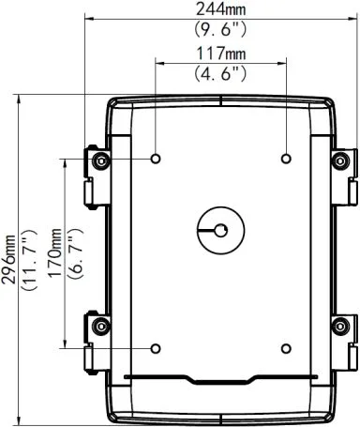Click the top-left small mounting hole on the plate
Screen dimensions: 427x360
156,158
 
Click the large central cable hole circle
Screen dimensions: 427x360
220,229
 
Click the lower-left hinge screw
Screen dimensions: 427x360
100,326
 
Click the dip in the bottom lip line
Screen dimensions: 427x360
220,382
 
